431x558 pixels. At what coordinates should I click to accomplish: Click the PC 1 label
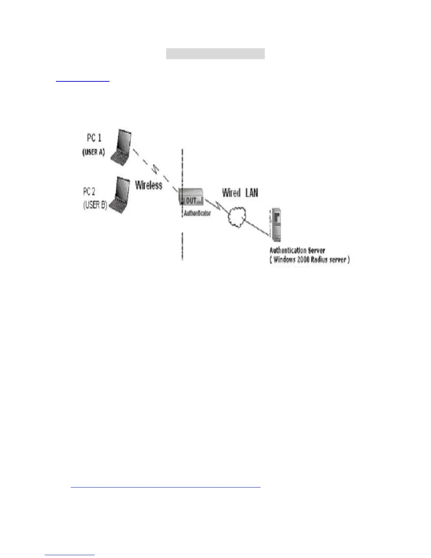coord(94,138)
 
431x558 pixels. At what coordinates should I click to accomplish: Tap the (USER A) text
coord(94,152)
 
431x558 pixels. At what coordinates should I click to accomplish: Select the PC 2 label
coord(89,192)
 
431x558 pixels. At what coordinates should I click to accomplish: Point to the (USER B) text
coord(95,205)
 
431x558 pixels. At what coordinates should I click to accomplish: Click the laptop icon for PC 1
coord(121,148)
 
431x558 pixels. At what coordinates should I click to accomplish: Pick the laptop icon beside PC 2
coord(119,196)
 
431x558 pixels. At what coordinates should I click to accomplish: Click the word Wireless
coord(149,185)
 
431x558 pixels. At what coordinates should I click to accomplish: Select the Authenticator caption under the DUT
coord(197,213)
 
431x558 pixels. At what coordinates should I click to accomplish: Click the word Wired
coord(231,193)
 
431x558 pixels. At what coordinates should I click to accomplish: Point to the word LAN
coord(251,193)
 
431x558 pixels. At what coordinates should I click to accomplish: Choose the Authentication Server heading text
coord(297,250)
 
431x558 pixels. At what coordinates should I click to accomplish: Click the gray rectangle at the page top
coord(215,54)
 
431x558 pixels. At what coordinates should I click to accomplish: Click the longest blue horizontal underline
coord(165,487)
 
